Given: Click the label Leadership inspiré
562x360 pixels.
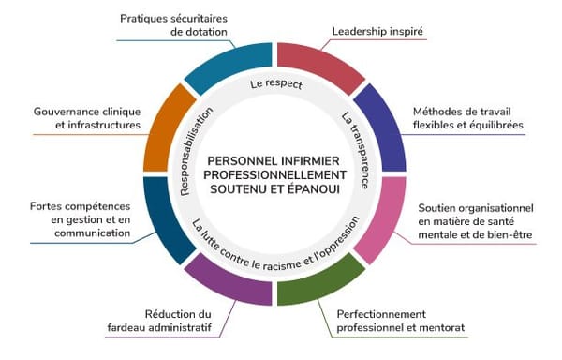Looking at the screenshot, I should [377, 31].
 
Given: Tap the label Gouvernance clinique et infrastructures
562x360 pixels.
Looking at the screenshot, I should [86, 117].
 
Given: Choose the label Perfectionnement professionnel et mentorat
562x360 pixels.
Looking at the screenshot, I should [400, 320].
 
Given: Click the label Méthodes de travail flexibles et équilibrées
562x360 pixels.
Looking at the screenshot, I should [467, 118].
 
